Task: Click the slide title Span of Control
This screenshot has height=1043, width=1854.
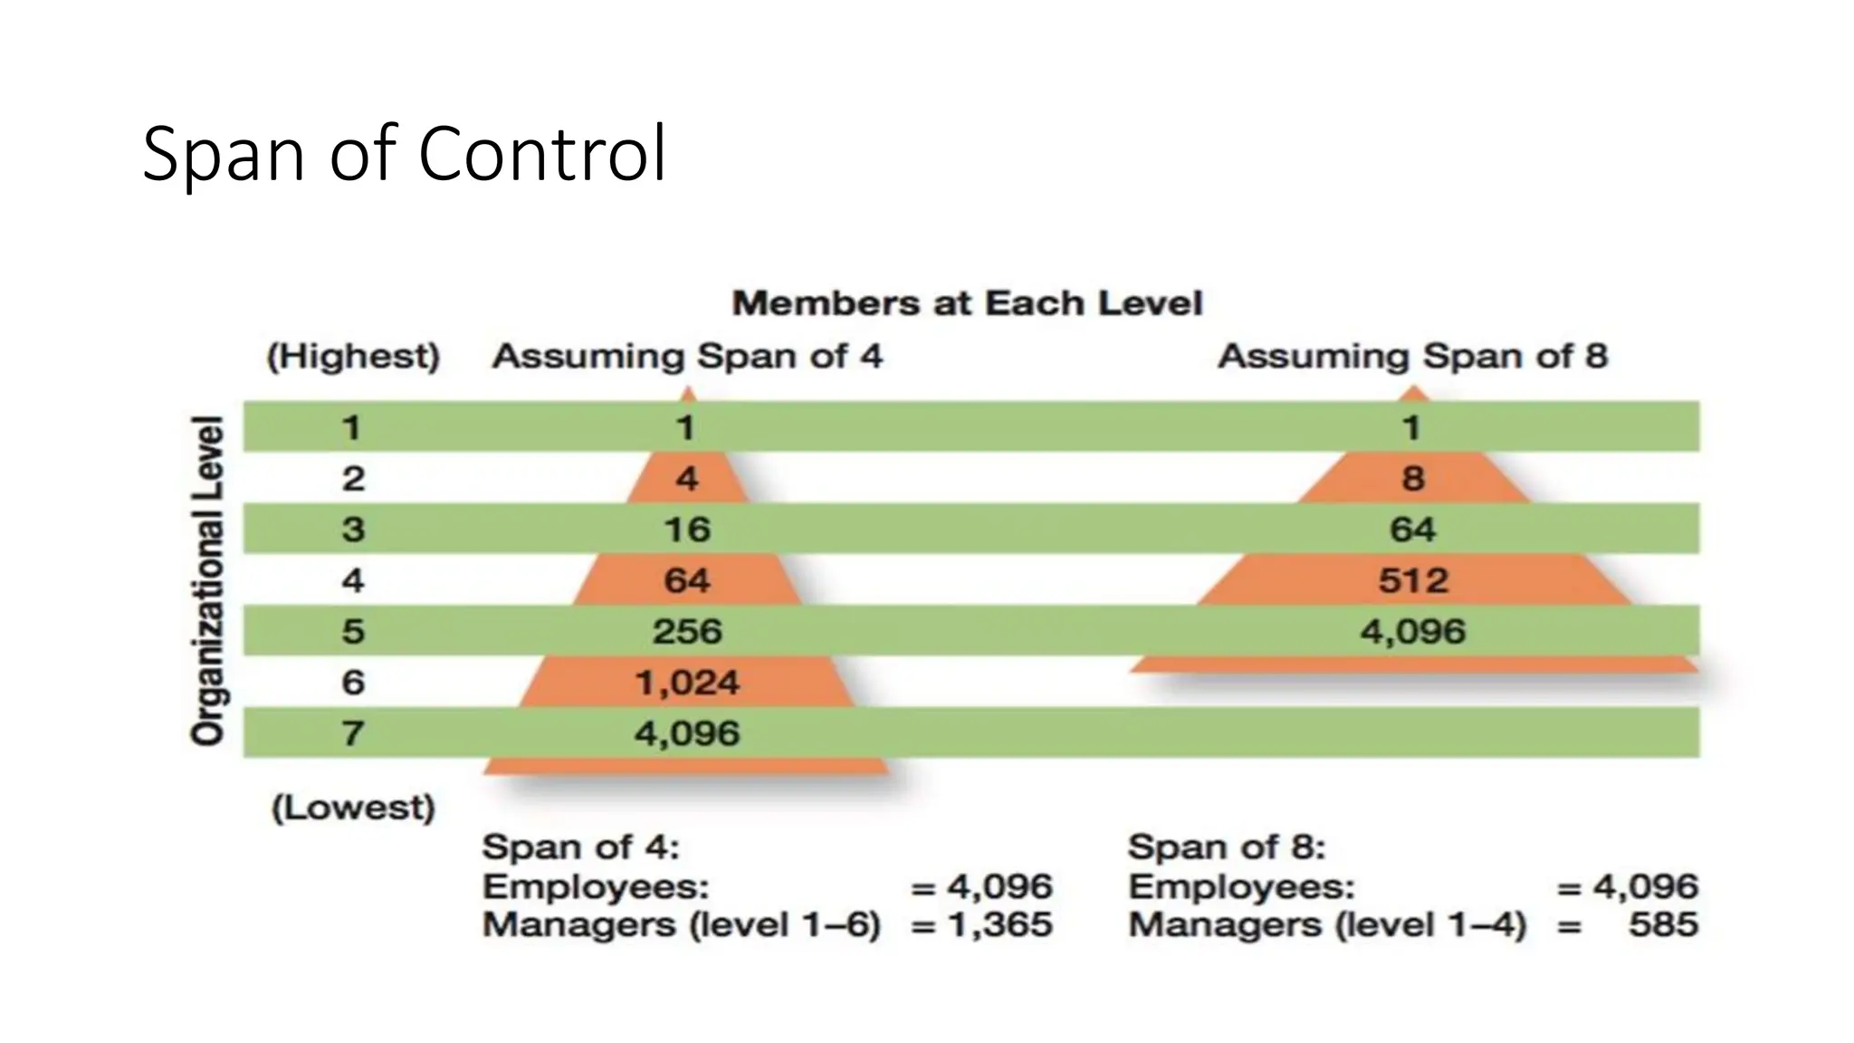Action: (x=404, y=154)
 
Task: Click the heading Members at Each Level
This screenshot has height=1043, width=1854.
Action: (x=967, y=303)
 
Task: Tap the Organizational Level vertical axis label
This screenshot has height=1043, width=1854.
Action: (x=208, y=580)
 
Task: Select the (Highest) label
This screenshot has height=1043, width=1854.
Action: (x=353, y=356)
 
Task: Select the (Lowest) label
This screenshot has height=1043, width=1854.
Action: (x=353, y=807)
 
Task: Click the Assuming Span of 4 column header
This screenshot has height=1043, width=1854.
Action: (x=686, y=356)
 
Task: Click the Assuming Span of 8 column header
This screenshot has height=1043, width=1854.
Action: (x=1412, y=356)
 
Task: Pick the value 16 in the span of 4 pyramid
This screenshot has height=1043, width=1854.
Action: (x=687, y=530)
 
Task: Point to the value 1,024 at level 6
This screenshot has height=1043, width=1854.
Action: (x=687, y=683)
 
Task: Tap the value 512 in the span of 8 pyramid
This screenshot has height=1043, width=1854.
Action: (x=1413, y=580)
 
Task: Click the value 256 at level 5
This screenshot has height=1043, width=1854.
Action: (x=687, y=631)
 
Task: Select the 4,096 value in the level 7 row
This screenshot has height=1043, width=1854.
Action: (x=687, y=733)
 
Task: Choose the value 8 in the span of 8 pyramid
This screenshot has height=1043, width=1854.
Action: (x=1413, y=478)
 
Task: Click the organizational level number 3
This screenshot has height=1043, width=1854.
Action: (x=353, y=530)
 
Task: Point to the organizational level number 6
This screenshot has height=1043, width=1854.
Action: (x=353, y=683)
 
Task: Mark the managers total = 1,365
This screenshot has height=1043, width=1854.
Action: (x=982, y=925)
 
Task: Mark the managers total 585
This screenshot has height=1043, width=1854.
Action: (x=1662, y=925)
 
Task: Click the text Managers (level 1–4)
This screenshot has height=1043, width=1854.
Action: (x=1327, y=925)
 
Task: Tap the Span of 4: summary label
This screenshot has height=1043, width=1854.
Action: (x=580, y=847)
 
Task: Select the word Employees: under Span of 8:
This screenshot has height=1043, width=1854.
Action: (x=1241, y=886)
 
